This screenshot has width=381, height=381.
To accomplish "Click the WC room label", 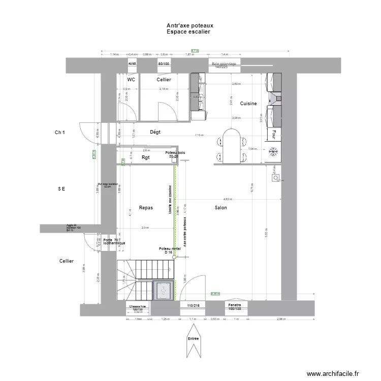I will tap(131, 80).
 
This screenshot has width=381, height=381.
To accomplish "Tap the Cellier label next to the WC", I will tap(164, 80).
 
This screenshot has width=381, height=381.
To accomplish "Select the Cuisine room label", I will tap(248, 104).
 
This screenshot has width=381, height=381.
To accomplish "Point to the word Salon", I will tap(220, 208).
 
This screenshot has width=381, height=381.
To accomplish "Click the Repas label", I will tap(146, 208).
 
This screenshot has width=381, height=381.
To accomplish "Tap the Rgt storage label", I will tap(146, 158).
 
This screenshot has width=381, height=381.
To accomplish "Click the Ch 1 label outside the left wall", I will tap(60, 133).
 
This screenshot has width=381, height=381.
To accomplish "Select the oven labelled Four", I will tap(274, 134).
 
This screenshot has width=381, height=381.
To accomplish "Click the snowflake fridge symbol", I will tap(273, 151).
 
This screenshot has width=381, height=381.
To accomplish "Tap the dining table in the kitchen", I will tap(231, 146).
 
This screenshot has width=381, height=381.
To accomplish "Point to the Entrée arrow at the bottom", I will tap(194, 345).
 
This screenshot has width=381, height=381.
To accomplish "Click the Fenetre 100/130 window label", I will tap(234, 307).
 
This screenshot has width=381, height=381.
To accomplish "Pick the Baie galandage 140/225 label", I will tap(224, 65).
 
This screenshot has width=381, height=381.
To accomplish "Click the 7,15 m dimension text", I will tap(198, 136).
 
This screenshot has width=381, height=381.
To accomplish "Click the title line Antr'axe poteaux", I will tap(189, 25).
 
